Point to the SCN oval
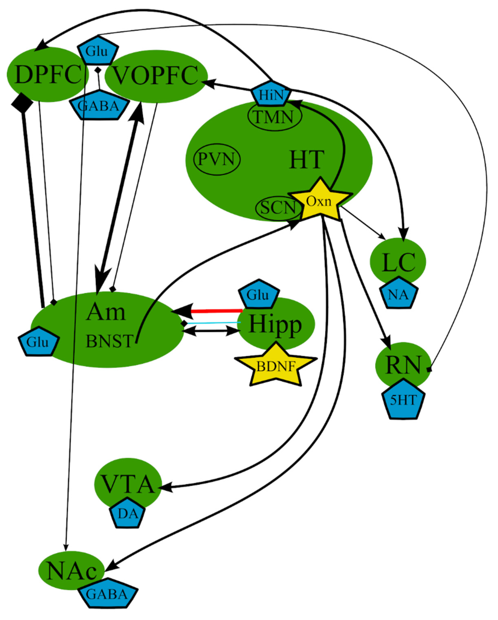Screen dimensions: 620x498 click(278, 207)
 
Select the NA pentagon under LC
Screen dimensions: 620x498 click(398, 294)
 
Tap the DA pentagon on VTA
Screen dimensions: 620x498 click(128, 514)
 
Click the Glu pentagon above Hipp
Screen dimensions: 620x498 click(259, 294)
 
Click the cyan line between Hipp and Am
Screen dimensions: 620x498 click(214, 323)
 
